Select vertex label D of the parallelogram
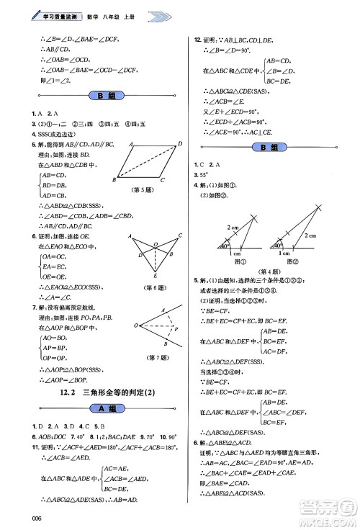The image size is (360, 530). (x=179, y=144)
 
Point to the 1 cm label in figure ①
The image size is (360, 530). (x=235, y=253)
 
